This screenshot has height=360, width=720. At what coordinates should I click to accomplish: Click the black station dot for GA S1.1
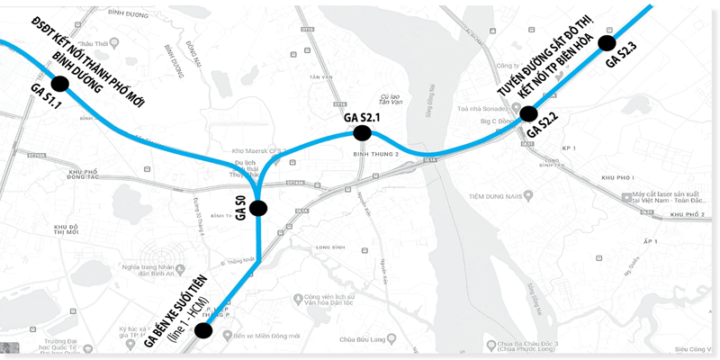(x=60, y=83)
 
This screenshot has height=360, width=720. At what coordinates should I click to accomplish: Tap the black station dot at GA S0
(x=258, y=208)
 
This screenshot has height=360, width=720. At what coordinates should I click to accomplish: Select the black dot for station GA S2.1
(x=363, y=133)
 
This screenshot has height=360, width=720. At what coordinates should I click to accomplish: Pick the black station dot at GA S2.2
(x=528, y=113)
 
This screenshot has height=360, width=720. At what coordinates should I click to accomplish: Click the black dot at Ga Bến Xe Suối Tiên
(x=203, y=330)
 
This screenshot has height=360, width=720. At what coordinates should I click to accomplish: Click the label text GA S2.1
(x=364, y=117)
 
